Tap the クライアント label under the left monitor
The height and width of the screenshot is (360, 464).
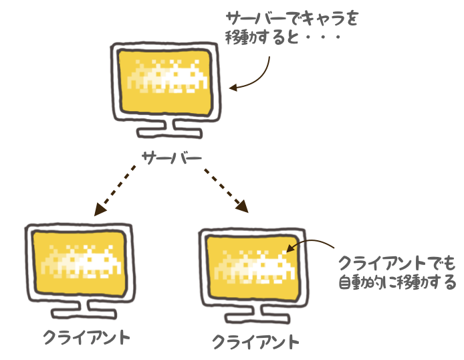pyautogui.click(x=86, y=335)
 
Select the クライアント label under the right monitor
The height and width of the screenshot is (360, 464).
pyautogui.click(x=255, y=342)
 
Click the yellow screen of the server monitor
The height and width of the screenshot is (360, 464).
pyautogui.click(x=164, y=80)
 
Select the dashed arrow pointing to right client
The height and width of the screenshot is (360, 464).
pyautogui.click(x=225, y=189)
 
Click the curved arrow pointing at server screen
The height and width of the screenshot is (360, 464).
pyautogui.click(x=257, y=75)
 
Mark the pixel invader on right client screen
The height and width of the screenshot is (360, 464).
pyautogui.click(x=253, y=265)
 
